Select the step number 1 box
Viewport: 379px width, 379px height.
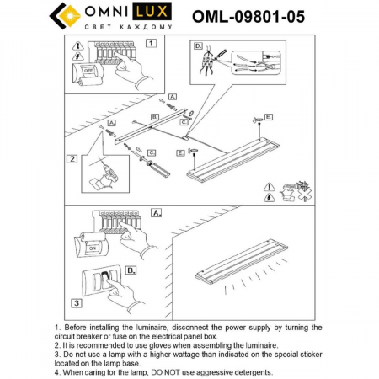(x=151, y=42)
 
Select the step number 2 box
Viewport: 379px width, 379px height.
(x=73, y=157)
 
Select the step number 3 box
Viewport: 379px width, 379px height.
(x=75, y=302)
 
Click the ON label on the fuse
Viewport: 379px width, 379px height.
(x=90, y=249)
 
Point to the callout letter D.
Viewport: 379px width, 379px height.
(x=198, y=45)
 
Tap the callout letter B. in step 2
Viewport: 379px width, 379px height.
(x=155, y=116)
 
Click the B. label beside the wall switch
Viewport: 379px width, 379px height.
(x=131, y=271)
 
